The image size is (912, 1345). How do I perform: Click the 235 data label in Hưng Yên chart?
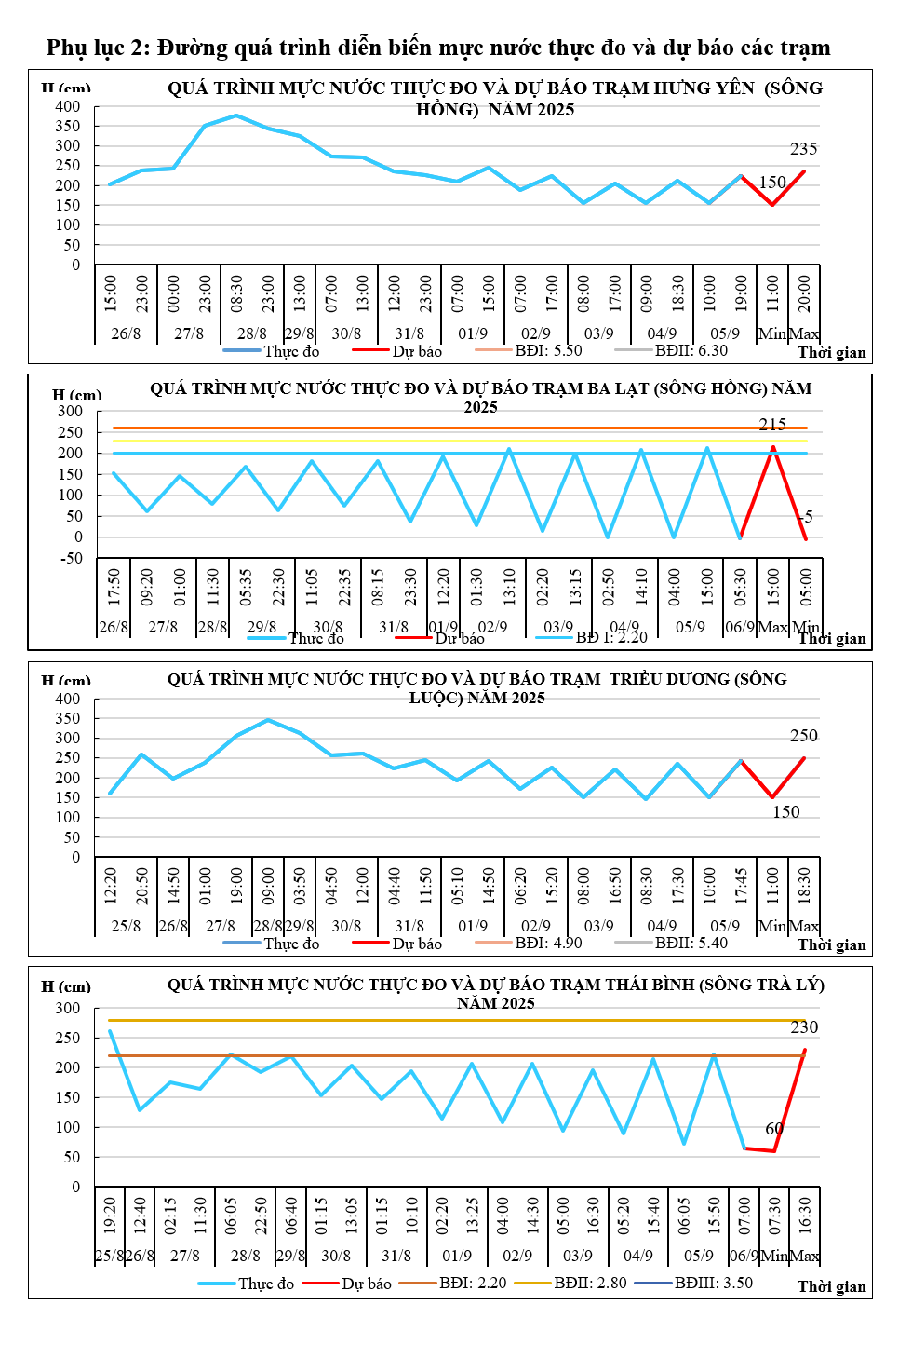(x=803, y=149)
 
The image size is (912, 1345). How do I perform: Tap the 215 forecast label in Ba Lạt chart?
(x=771, y=424)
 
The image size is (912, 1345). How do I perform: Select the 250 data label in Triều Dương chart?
(x=803, y=736)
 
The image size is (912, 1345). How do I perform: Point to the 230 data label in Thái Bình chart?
(x=803, y=1027)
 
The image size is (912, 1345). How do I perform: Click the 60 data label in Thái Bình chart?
(x=774, y=1129)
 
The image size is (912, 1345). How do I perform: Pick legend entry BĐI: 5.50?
(x=548, y=351)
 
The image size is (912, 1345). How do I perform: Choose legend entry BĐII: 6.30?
(x=691, y=351)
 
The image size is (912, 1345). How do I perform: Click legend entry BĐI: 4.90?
(x=548, y=944)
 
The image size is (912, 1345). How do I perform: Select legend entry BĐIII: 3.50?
(x=713, y=1284)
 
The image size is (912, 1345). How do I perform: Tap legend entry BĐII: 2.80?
(x=590, y=1284)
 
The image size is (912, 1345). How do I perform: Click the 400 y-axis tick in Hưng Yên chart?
(x=68, y=106)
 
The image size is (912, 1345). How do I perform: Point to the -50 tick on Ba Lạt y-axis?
(x=71, y=558)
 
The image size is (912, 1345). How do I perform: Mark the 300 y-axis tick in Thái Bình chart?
(x=68, y=1009)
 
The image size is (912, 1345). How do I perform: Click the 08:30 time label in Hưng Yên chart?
(x=236, y=293)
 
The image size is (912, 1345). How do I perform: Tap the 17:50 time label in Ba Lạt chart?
(x=114, y=587)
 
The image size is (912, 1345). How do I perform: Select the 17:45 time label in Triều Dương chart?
(x=741, y=885)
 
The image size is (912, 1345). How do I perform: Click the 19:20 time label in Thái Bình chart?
(x=110, y=1216)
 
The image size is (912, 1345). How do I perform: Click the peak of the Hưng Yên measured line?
(x=236, y=115)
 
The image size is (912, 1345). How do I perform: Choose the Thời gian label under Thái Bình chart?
(x=831, y=1286)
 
